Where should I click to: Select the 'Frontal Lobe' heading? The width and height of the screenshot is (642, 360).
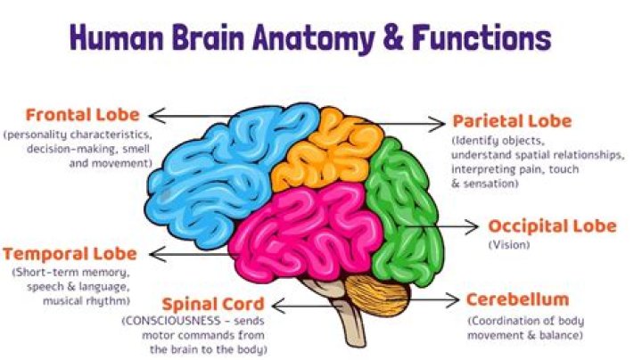(82, 115)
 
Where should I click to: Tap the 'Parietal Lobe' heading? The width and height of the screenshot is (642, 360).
(512, 121)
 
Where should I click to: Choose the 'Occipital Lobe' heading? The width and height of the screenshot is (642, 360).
(552, 225)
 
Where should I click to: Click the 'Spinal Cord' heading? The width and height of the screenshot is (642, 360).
(200, 305)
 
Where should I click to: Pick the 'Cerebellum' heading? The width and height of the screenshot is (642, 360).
(516, 299)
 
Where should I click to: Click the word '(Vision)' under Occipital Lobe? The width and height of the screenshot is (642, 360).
(508, 244)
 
